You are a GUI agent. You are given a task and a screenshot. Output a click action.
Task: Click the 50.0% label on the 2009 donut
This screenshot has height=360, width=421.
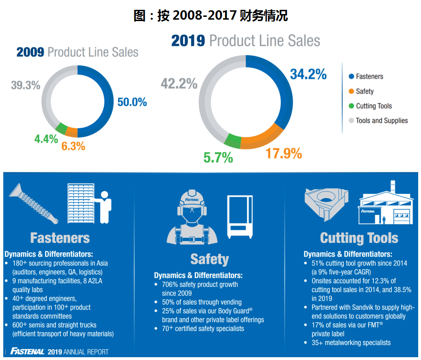[x=132, y=102]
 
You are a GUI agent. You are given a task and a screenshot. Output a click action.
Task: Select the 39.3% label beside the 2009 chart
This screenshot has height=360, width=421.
[x=26, y=86]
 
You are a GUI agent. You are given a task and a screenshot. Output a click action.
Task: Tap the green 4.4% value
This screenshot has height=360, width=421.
[x=46, y=139]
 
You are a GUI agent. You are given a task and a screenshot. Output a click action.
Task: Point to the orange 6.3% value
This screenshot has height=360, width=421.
[x=73, y=146]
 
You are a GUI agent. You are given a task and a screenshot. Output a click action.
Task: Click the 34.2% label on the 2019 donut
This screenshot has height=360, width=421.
[x=308, y=74]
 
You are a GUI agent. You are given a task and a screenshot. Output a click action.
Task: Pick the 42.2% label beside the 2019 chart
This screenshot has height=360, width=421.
[x=179, y=84]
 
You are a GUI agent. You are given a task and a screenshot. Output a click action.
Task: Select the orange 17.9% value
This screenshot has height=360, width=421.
[x=284, y=154]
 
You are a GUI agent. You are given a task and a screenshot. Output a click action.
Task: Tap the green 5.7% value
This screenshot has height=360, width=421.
[x=218, y=158]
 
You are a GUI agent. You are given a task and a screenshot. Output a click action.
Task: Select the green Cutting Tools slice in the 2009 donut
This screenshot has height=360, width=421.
[x=61, y=129]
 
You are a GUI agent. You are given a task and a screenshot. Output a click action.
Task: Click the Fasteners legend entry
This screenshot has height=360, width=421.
[x=369, y=77]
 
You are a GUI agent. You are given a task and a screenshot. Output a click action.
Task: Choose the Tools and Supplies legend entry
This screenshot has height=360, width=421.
[x=381, y=121]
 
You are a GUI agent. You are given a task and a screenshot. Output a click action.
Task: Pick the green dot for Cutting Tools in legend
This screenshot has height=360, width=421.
[x=351, y=106]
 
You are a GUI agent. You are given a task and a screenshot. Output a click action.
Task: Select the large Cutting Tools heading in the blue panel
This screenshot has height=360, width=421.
[x=359, y=238]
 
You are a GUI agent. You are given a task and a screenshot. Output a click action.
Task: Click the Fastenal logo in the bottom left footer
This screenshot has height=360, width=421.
[x=28, y=352]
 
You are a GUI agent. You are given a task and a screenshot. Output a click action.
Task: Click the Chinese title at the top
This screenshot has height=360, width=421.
[x=210, y=16]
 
